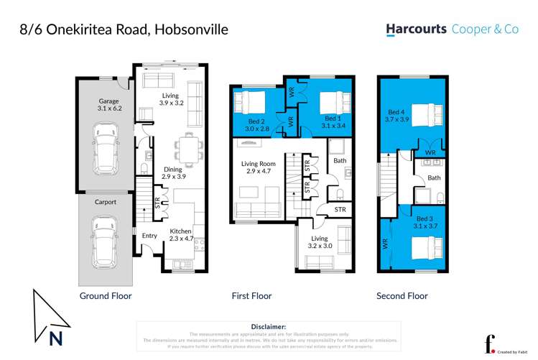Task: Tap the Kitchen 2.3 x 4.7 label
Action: click(181, 234)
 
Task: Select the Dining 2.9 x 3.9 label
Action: click(173, 172)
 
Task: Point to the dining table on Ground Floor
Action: click(189, 148)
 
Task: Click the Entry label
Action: click(149, 236)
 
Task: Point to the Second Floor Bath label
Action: click(434, 177)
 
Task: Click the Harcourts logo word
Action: click(416, 29)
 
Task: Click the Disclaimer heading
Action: click(269, 326)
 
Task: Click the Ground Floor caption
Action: click(105, 296)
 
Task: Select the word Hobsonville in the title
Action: click(190, 29)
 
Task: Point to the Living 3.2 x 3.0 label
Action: click(319, 242)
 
